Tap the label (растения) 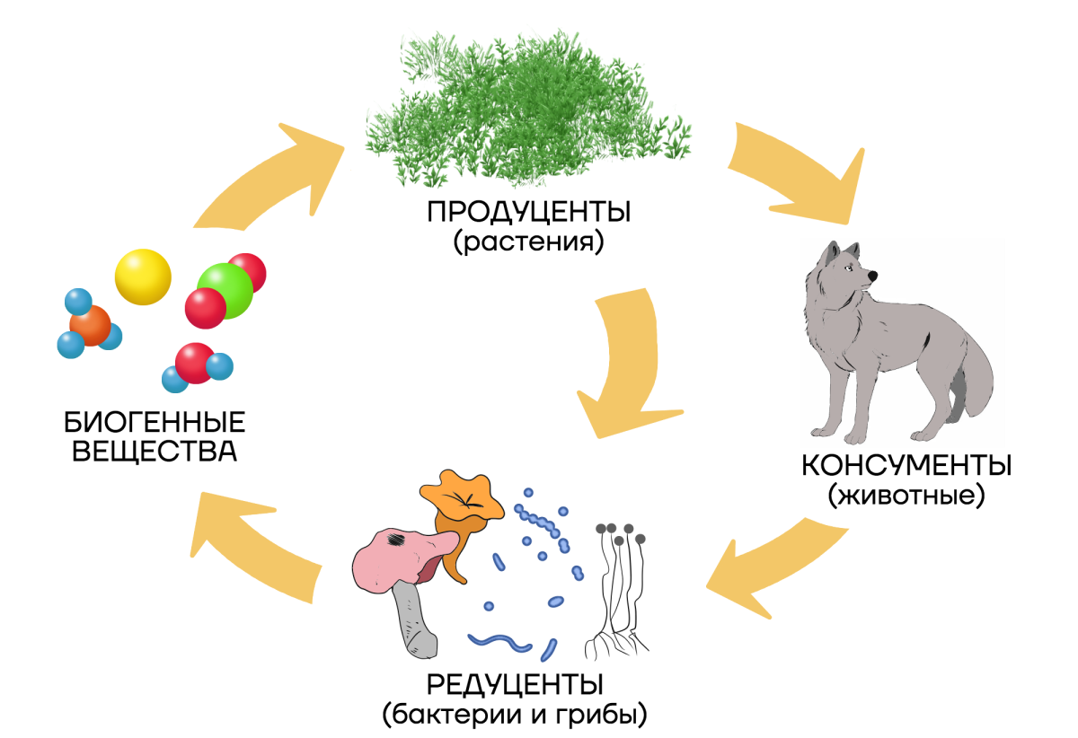pyautogui.click(x=529, y=242)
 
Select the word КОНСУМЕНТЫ pyautogui.click(x=906, y=467)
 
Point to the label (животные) pyautogui.click(x=906, y=496)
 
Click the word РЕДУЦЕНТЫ pyautogui.click(x=514, y=685)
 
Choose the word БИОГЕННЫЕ pyautogui.click(x=155, y=422)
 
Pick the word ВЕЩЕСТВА pyautogui.click(x=155, y=451)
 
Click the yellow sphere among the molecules pyautogui.click(x=143, y=277)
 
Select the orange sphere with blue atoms pyautogui.click(x=89, y=324)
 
